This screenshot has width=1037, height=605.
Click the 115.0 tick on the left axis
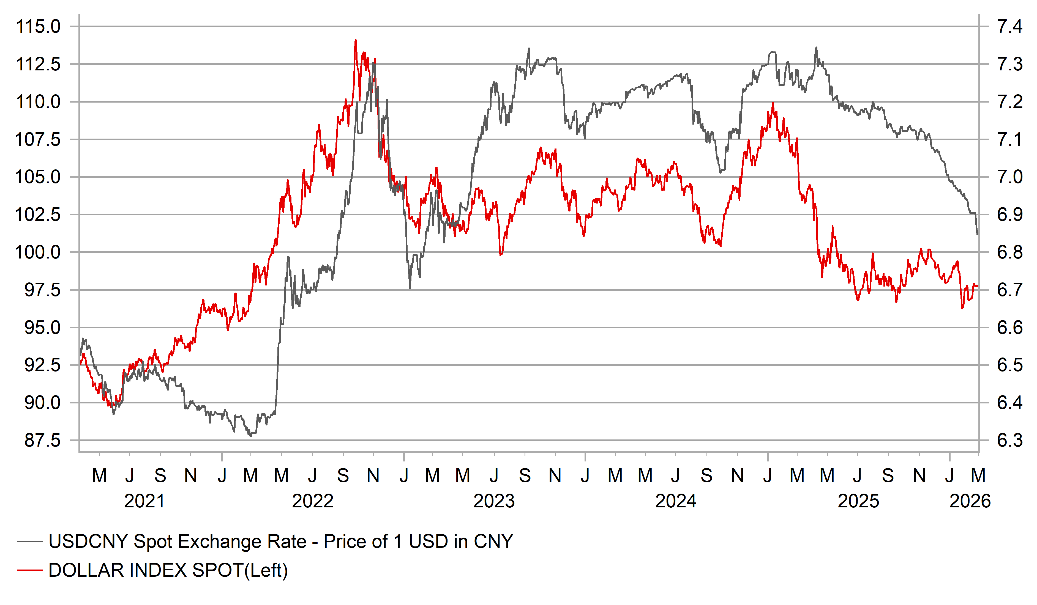pos(38,27)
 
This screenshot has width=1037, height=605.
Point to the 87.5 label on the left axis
pos(42,441)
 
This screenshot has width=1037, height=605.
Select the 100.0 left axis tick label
pos(38,252)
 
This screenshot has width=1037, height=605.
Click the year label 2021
pos(144,501)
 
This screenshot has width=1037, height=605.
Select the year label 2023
pos(494,501)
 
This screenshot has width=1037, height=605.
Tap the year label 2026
pos(970,501)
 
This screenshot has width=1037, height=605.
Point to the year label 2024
pos(676,501)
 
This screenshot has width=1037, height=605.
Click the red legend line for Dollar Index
pos(30,570)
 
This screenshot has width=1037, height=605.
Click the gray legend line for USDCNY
pos(30,542)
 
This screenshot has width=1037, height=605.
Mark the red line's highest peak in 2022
pos(356,40)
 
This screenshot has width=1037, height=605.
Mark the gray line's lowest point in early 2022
pos(251,436)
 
